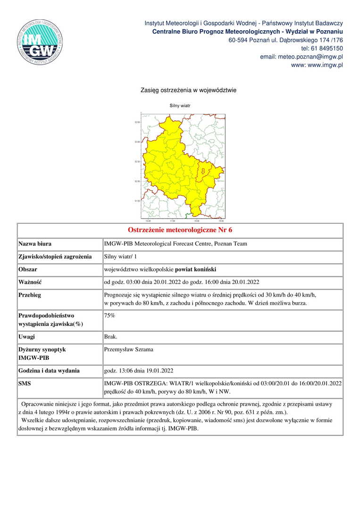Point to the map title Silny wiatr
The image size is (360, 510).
point(180,106)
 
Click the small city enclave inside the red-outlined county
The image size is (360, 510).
point(204,171)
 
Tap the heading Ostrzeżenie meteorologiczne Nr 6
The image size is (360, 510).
point(180,230)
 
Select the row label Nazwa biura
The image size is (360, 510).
point(35,244)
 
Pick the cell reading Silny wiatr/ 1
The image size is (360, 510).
point(120,257)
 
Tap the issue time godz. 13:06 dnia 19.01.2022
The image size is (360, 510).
point(141,371)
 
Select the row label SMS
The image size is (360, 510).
point(25,383)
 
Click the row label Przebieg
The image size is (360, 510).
point(30,295)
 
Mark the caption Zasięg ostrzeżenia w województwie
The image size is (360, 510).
point(188,90)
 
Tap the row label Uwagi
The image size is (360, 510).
point(26,337)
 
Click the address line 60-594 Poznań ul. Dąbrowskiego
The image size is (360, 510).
point(285,40)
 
